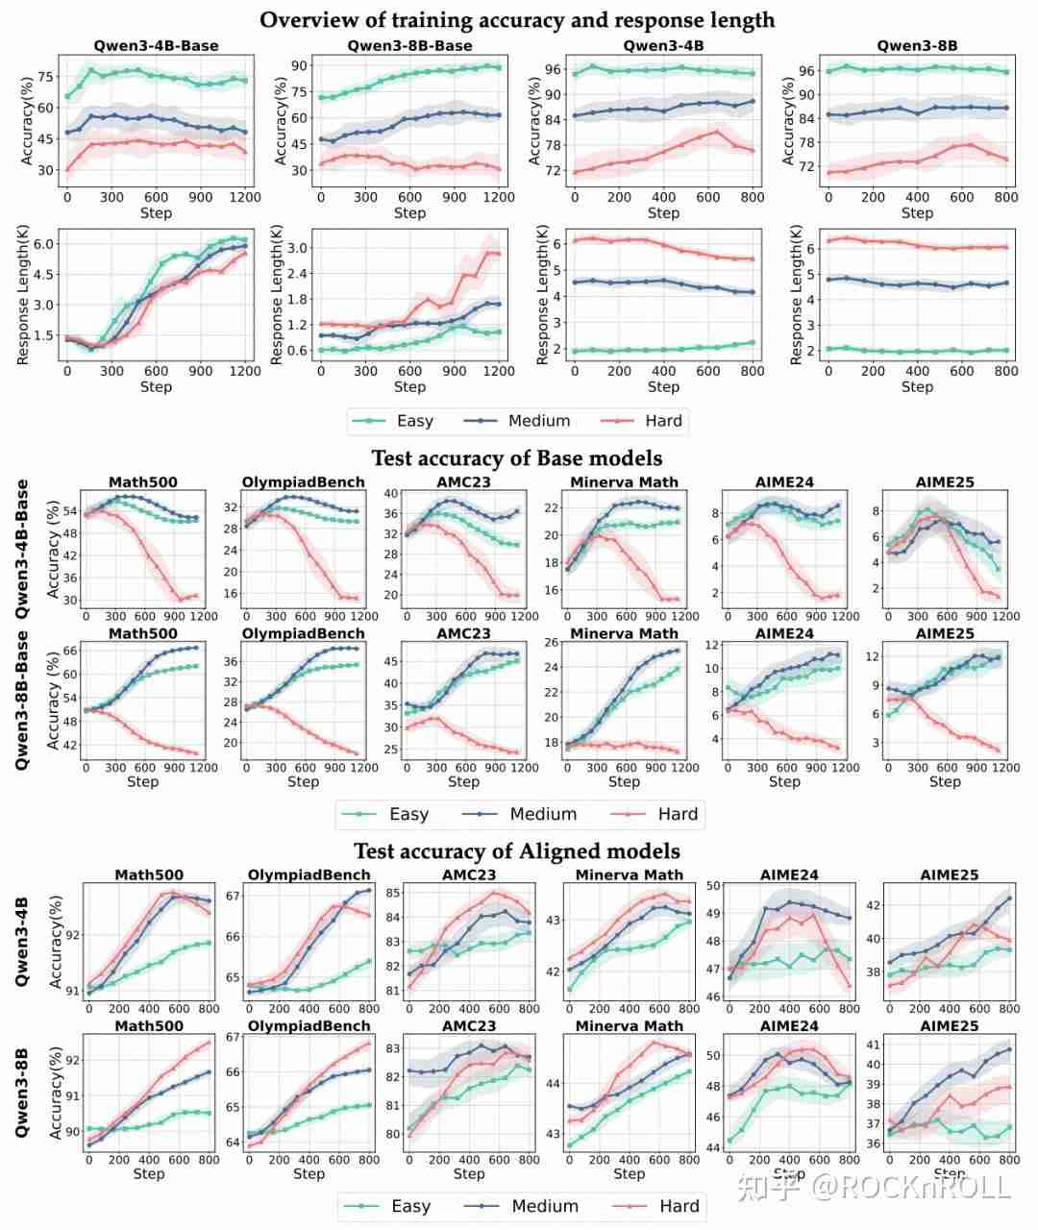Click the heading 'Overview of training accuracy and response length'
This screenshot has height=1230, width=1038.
517,19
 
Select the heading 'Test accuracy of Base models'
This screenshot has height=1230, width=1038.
517,457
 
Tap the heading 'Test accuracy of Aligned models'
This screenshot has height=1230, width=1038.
517,850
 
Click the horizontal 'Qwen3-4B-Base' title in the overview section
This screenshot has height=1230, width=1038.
156,45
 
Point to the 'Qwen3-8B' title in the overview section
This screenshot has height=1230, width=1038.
917,45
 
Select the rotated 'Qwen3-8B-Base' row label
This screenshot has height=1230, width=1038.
22,701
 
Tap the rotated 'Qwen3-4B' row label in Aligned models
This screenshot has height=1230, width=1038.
22,942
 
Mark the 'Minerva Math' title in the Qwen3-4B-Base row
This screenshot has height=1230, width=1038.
624,481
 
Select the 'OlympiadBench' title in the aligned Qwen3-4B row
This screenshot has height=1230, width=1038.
309,874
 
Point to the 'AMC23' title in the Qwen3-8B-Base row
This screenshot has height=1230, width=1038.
463,633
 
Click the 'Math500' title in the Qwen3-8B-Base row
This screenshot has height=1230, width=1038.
142,633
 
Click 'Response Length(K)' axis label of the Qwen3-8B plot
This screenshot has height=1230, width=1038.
796,295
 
